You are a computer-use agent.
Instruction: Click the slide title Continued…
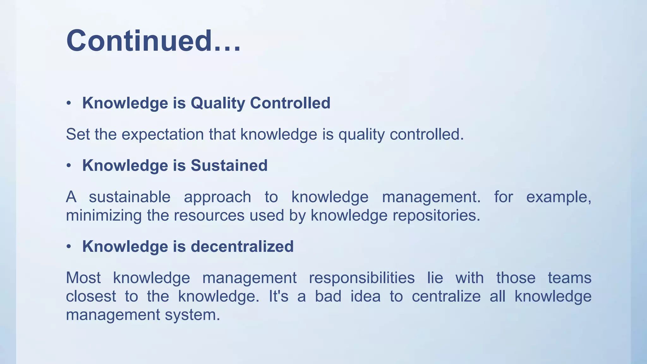tap(154, 41)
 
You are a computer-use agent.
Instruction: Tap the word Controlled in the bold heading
tap(290, 103)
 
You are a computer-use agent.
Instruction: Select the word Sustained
tap(229, 166)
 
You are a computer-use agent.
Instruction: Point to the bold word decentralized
tap(242, 246)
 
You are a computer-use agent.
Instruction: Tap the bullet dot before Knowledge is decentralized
tap(69, 247)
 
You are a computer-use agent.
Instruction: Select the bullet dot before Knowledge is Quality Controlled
tap(69, 103)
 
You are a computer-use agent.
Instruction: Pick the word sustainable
tap(130, 197)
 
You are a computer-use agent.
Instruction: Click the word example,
tap(559, 197)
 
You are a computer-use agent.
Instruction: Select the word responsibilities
tap(361, 278)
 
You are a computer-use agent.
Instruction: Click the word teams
tap(569, 278)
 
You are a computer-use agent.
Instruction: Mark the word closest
tap(91, 296)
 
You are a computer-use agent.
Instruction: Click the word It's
tap(278, 296)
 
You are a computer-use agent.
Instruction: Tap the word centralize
tap(446, 296)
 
